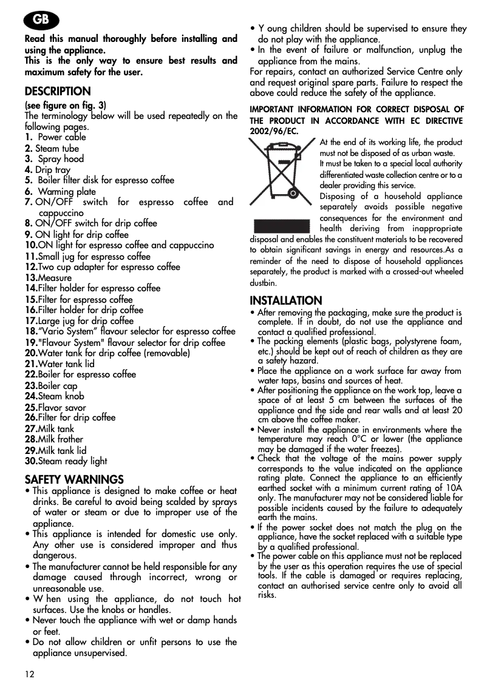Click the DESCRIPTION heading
click(58, 92)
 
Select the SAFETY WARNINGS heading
click(74, 479)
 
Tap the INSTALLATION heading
click(286, 300)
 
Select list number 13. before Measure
click(31, 278)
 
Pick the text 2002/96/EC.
click(274, 131)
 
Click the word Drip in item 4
click(43, 171)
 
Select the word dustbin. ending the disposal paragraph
click(264, 283)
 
